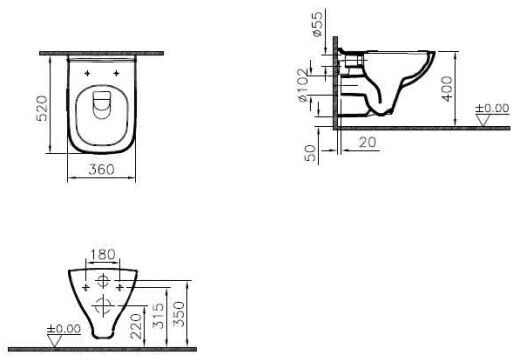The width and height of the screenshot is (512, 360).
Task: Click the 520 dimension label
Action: coord(42,108)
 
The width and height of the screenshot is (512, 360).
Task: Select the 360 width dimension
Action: coord(101,169)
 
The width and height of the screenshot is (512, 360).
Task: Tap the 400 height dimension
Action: coord(447,89)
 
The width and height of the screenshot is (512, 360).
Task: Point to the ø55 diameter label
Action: coord(317,24)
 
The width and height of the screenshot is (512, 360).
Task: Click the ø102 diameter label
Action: coord(303,86)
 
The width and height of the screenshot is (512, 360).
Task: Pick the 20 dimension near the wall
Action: coord(367,142)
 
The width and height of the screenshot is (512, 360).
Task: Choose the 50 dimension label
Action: coord(310,153)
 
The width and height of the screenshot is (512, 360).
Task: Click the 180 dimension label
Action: coord(103,255)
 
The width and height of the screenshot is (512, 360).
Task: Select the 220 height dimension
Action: coord(137,326)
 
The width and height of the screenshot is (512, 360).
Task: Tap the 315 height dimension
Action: coord(159,316)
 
